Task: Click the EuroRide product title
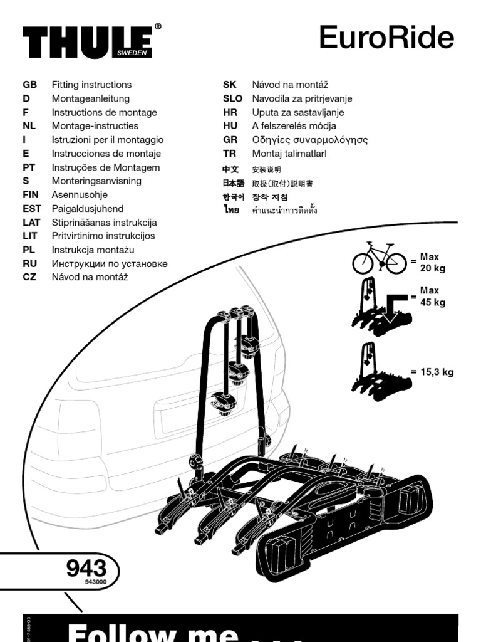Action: (386, 38)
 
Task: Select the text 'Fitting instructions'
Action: (91, 85)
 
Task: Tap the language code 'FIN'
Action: (31, 195)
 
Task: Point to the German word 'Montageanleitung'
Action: (91, 98)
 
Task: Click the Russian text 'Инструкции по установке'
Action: (110, 263)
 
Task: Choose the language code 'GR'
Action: (230, 140)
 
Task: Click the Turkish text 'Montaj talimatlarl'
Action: (289, 154)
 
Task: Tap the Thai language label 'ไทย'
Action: (232, 210)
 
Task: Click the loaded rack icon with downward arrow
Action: (380, 310)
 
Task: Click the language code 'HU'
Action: (230, 126)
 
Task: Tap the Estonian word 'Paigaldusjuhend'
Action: (88, 209)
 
